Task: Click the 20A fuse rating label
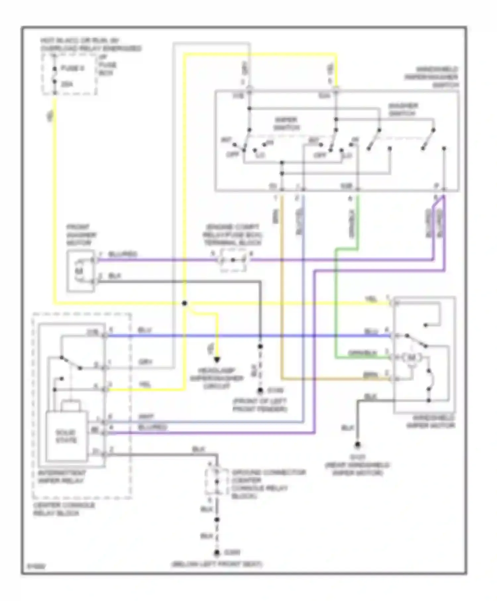(67, 84)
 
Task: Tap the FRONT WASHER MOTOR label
(82, 235)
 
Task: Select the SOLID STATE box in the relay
(67, 437)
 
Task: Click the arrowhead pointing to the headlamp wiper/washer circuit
(217, 360)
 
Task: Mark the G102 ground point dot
(260, 391)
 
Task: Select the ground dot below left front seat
(217, 553)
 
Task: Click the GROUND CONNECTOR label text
(268, 472)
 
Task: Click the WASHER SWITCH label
(403, 110)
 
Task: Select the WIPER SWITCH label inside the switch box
(286, 124)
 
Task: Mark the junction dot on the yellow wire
(185, 303)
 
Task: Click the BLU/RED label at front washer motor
(123, 254)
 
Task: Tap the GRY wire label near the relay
(145, 362)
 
